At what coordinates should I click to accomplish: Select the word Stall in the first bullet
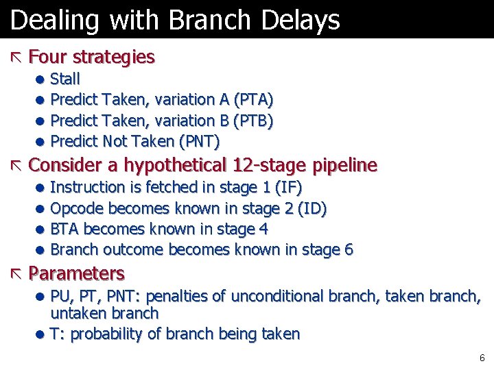tap(65, 79)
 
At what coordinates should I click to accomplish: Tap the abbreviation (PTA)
tap(254, 100)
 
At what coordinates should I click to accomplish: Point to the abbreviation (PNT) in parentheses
tap(199, 142)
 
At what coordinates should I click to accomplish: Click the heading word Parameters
tap(77, 274)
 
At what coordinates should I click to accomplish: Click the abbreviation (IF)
tap(288, 187)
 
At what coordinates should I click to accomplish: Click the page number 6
tap(482, 358)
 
